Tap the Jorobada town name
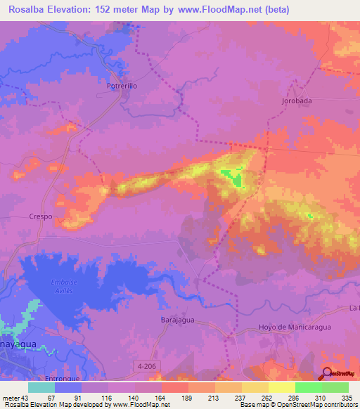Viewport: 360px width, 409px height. (x=297, y=100)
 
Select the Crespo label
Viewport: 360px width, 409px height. (x=41, y=217)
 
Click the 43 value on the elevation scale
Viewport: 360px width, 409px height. (x=26, y=398)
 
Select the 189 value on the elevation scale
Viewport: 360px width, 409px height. (x=187, y=398)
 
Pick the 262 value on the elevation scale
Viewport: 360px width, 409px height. (x=267, y=398)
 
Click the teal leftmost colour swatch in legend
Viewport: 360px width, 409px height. (x=41, y=387)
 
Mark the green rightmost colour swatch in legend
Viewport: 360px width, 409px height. (x=335, y=387)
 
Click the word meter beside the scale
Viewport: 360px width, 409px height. (x=10, y=398)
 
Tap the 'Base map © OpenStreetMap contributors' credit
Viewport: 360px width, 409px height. (x=297, y=405)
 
